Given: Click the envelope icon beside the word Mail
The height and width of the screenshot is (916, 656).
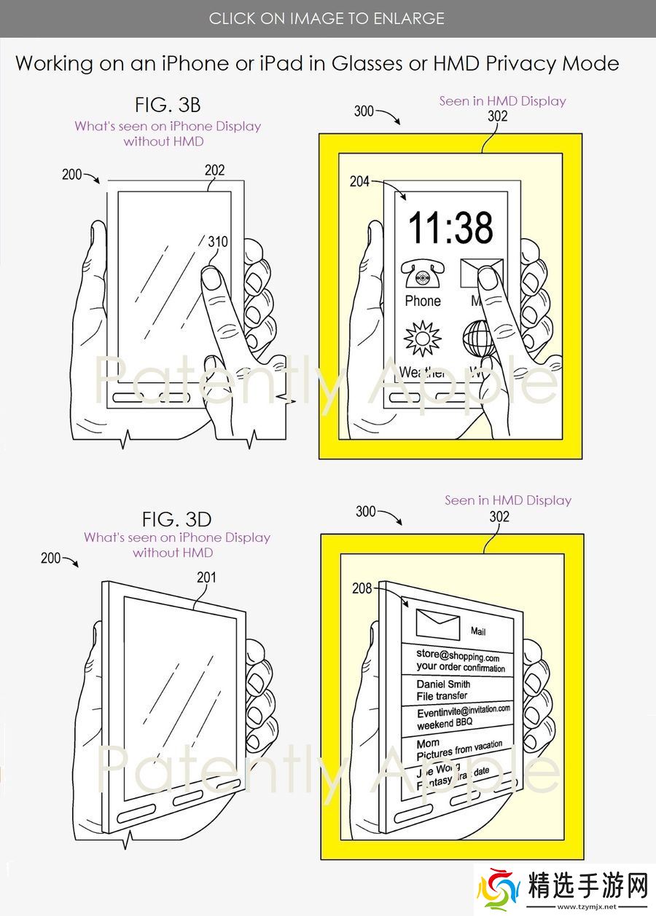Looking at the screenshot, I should (x=437, y=625).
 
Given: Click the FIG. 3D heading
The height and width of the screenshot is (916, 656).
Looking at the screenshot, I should (x=176, y=519).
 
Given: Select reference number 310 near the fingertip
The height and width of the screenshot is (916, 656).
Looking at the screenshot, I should (x=217, y=241).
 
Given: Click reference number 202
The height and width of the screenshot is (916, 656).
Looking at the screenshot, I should (x=214, y=170).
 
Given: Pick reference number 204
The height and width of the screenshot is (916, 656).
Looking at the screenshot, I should (x=359, y=181).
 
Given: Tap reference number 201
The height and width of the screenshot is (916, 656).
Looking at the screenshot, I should (x=206, y=577).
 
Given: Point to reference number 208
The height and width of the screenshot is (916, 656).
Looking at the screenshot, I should (x=362, y=588).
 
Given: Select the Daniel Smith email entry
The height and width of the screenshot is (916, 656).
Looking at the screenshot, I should (x=443, y=684).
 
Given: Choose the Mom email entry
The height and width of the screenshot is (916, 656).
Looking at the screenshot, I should (x=428, y=743).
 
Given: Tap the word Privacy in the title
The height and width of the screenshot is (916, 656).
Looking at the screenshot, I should (x=522, y=63).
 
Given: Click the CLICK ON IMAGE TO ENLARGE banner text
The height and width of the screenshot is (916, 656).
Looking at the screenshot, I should (x=327, y=18).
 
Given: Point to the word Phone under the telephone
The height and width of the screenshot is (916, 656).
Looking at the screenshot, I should (x=423, y=301).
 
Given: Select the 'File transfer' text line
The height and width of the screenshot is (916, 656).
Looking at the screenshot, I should (x=442, y=696).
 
